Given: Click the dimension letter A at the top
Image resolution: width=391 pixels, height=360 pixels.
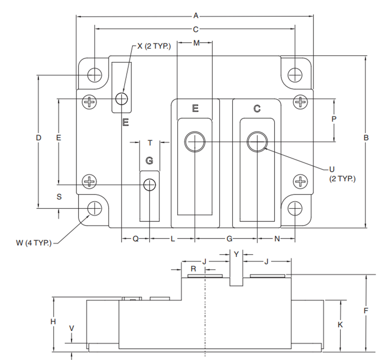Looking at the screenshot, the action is click(196, 16).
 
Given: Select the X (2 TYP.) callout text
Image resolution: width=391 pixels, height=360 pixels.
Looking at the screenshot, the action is click(154, 46).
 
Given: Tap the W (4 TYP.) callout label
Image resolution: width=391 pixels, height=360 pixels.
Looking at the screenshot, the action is click(34, 243).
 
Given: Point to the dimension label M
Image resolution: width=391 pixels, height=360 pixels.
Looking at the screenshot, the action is click(196, 43).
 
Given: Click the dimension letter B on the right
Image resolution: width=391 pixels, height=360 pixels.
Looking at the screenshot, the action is click(366, 138).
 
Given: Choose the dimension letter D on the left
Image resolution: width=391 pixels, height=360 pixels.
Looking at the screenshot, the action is click(38, 138).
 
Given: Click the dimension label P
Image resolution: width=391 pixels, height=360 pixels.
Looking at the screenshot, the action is click(334, 119).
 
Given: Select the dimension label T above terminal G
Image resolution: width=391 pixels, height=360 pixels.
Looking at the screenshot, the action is click(149, 143).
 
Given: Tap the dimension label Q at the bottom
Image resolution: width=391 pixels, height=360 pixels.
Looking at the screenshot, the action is click(135, 239).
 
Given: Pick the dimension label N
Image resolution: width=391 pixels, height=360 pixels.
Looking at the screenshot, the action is click(277, 239).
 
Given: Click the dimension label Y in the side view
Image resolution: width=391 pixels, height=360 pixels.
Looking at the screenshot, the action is click(236, 254).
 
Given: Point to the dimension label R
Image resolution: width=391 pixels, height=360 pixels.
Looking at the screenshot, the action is click(193, 269).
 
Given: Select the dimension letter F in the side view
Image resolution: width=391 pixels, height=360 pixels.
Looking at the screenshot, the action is click(366, 311).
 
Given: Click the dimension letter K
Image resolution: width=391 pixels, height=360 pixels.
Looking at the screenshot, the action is click(340, 325).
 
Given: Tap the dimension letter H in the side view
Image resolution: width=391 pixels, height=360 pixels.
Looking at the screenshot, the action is click(53, 322).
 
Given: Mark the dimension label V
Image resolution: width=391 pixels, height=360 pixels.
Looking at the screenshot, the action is click(72, 328).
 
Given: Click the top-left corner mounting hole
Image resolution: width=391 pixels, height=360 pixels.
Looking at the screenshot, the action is click(95, 75).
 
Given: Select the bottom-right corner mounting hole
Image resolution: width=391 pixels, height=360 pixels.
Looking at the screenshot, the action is click(295, 209).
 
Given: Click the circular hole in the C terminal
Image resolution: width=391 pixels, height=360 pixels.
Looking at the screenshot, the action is click(257, 142).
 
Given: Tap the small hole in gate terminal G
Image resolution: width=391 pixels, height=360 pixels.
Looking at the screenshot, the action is click(149, 185).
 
